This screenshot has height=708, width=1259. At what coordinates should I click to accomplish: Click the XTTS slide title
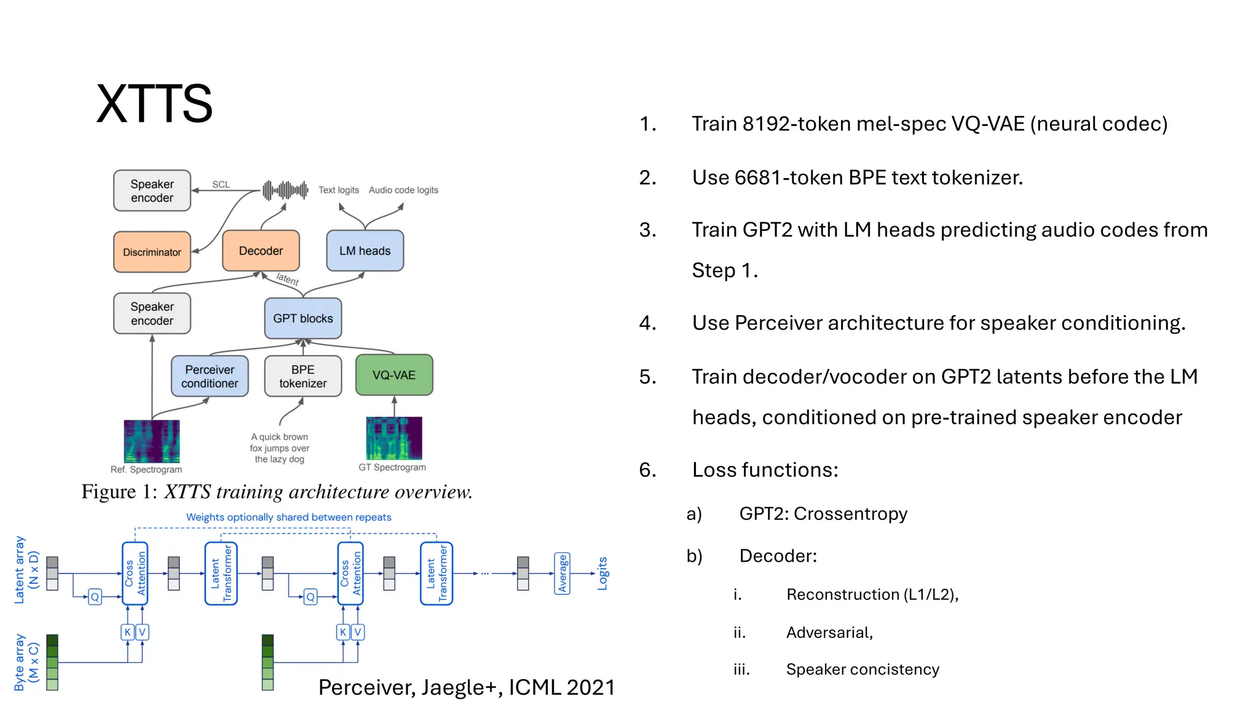(x=154, y=103)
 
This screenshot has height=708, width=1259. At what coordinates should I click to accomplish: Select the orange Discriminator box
(x=152, y=252)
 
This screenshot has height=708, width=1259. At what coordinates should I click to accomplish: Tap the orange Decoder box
(x=261, y=251)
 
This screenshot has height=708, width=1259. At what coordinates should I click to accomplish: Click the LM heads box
(x=365, y=251)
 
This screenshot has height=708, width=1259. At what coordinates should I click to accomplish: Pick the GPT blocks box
(x=302, y=318)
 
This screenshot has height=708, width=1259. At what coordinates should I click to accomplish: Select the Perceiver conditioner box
(x=210, y=376)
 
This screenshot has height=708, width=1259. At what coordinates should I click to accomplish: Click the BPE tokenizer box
(x=302, y=376)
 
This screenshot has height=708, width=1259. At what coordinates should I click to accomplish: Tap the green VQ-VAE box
(x=394, y=375)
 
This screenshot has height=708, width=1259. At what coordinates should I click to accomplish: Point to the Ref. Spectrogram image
(x=152, y=441)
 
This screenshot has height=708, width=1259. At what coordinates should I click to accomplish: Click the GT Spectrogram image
(x=394, y=438)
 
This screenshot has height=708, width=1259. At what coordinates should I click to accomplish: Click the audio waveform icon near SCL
(x=285, y=191)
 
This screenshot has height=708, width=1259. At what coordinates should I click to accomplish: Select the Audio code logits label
(x=403, y=190)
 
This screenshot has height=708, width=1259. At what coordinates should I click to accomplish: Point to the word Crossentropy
(x=850, y=514)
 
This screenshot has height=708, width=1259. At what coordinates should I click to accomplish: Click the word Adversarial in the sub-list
(x=829, y=632)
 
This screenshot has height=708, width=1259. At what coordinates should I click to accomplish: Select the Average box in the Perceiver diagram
(x=562, y=573)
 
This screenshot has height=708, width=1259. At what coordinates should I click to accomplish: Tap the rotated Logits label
(x=602, y=573)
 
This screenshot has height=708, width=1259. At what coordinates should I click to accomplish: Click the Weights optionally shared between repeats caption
(x=288, y=517)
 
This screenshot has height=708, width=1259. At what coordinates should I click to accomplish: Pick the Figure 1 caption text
(x=277, y=492)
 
